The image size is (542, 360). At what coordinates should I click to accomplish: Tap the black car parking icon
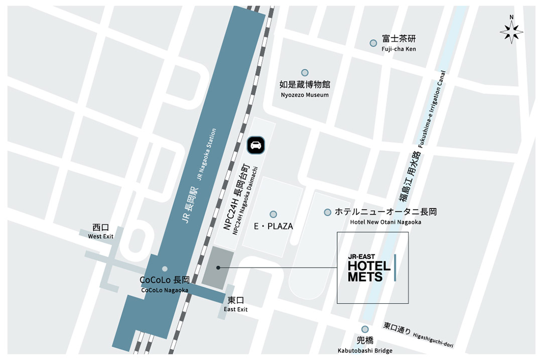click(256, 145)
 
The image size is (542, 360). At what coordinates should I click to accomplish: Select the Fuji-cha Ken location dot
click(373, 43)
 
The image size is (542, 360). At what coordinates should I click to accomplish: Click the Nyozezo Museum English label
click(304, 95)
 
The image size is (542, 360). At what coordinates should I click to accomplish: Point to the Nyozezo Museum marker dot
click(305, 73)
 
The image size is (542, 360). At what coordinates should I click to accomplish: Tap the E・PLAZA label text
click(274, 226)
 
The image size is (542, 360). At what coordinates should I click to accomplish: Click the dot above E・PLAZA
click(273, 214)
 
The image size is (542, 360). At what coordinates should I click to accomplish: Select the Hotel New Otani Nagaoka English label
click(385, 222)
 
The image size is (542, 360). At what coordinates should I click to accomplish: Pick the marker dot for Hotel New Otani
click(328, 212)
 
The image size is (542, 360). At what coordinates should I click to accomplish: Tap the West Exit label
click(101, 236)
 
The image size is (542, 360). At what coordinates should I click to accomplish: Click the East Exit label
click(236, 309)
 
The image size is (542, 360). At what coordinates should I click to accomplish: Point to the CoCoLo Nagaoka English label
click(165, 290)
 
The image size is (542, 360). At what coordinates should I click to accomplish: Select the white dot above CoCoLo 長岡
click(165, 269)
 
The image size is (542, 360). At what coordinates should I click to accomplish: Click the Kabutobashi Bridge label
click(365, 350)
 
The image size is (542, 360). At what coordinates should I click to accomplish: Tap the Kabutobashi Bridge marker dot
click(365, 329)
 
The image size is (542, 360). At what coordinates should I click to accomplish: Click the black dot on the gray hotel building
click(218, 268)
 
